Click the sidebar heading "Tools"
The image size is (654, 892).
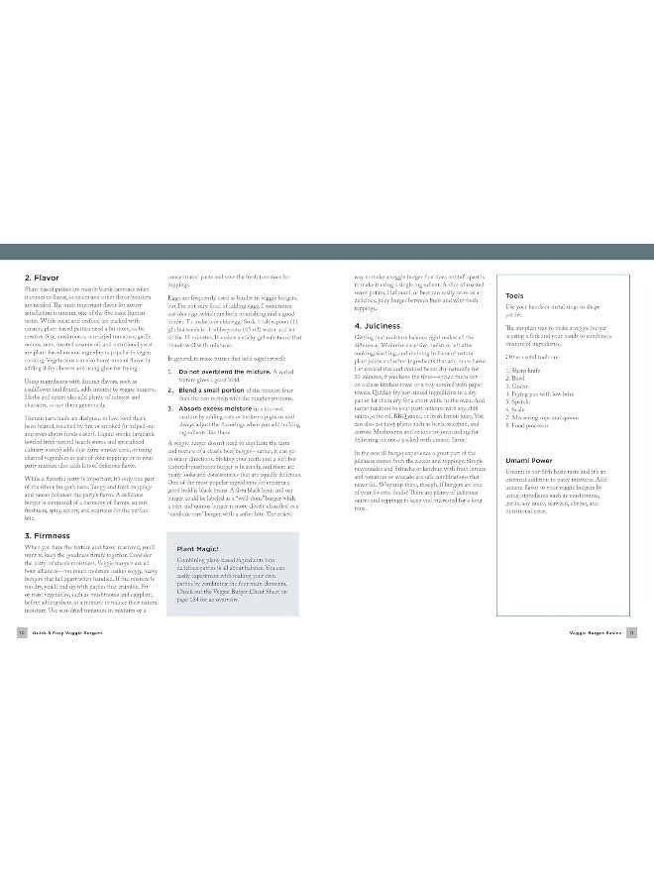pos(514,295)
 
